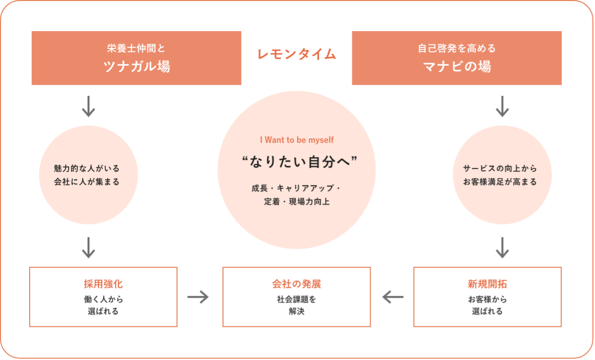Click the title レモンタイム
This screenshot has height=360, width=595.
coord(297,54)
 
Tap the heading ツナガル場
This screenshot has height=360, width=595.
coord(136,66)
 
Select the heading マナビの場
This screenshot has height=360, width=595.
coord(457,66)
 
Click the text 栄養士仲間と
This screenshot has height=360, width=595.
coord(136,48)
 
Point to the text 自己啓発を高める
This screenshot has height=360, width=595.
coord(457,48)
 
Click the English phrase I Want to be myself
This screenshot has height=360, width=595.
coord(297,140)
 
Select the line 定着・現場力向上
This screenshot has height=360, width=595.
coord(297,201)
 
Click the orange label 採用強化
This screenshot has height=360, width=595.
coord(103,284)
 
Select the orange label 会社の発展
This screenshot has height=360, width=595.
coord(297,284)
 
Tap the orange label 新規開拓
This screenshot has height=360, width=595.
coord(487,284)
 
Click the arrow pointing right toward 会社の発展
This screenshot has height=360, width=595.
coord(198,297)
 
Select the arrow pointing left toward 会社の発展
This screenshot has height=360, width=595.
coord(393,297)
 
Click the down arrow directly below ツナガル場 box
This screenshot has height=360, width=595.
coord(88,106)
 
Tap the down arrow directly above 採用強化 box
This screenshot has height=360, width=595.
coord(88,247)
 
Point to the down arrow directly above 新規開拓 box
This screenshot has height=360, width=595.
coord(502,247)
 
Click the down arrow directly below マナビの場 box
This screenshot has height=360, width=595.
coord(502,106)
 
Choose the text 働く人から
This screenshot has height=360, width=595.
coord(103,299)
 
